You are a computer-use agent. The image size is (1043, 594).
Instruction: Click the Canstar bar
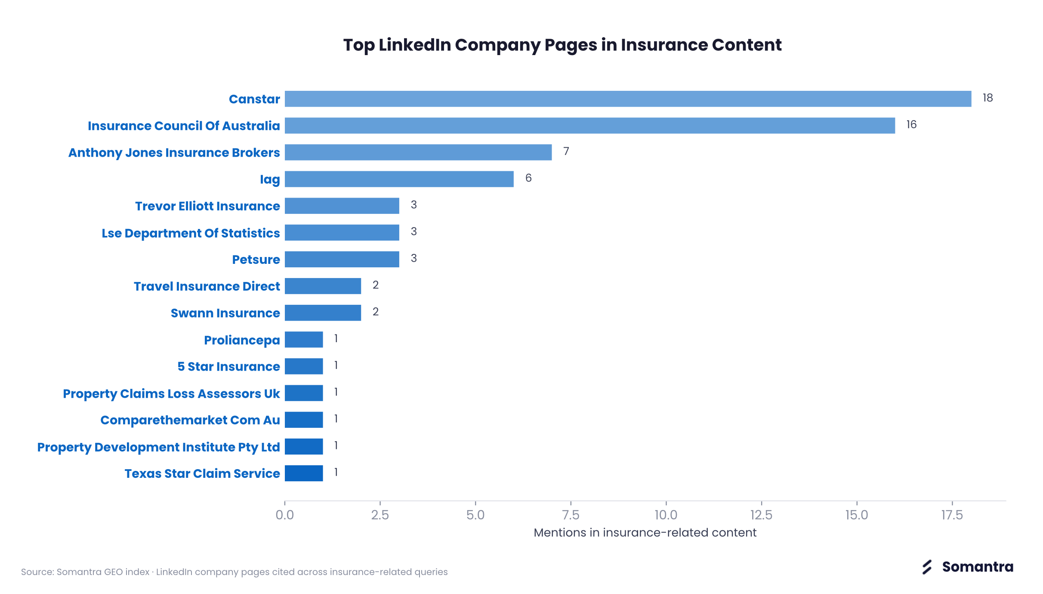point(628,99)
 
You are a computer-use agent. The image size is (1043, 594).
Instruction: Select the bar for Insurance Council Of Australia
point(590,126)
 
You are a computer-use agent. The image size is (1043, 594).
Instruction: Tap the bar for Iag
point(399,179)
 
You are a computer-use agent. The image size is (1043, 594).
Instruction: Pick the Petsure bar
point(342,259)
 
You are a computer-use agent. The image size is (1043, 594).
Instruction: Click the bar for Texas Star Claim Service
point(304,473)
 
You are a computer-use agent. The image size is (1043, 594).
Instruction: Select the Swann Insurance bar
point(323,313)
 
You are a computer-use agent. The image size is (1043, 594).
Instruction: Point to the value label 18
point(987,98)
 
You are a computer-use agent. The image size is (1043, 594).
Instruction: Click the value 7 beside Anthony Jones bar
point(566,152)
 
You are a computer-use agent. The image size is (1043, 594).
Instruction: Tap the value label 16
point(911,125)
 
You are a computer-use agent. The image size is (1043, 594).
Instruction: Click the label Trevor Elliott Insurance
point(207,206)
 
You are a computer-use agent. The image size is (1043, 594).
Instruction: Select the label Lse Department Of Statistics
point(191,233)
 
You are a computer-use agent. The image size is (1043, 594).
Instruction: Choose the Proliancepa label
point(242,340)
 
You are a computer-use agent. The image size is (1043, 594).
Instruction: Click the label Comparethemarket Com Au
point(190,420)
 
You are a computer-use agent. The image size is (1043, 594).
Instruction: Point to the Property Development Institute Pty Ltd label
point(158,447)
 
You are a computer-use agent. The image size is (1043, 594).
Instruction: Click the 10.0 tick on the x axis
point(666,515)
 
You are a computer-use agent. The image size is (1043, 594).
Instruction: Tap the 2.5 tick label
point(380,515)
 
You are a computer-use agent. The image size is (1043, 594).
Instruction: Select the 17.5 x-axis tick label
point(952,515)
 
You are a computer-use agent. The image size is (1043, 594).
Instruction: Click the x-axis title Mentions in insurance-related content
point(645,533)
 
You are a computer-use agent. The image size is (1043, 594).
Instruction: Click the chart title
point(562,45)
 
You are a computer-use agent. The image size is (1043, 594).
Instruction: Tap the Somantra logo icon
point(927,567)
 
